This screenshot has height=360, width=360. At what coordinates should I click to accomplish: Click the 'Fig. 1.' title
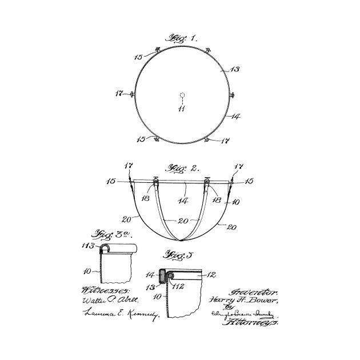tap(180, 39)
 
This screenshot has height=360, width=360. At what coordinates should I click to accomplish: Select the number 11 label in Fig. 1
tap(181, 109)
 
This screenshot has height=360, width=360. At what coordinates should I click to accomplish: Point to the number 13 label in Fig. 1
tap(234, 69)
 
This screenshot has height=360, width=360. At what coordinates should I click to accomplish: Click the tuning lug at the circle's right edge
tap(231, 95)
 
